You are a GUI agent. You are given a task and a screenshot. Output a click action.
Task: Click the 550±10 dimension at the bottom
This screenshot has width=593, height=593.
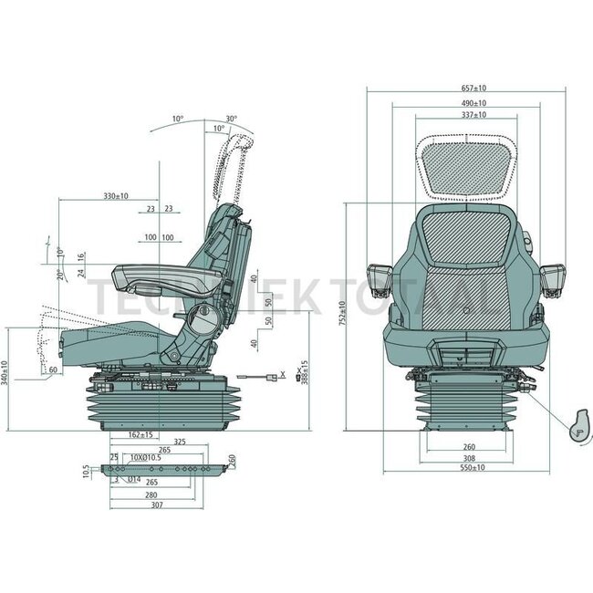tap(466, 467)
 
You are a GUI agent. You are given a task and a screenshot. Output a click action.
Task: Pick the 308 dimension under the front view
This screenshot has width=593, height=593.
tap(466, 457)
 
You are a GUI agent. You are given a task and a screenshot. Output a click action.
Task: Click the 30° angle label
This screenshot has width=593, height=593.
tap(231, 119)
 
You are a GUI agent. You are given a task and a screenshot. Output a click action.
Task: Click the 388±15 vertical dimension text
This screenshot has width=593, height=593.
tap(304, 369)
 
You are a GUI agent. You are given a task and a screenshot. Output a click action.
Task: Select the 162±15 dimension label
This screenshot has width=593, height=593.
tap(140, 435)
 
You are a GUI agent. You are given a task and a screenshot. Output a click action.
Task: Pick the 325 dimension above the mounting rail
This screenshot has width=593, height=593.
tap(179, 442)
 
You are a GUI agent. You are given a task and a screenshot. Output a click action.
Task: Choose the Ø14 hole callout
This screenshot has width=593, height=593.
tap(133, 478)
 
